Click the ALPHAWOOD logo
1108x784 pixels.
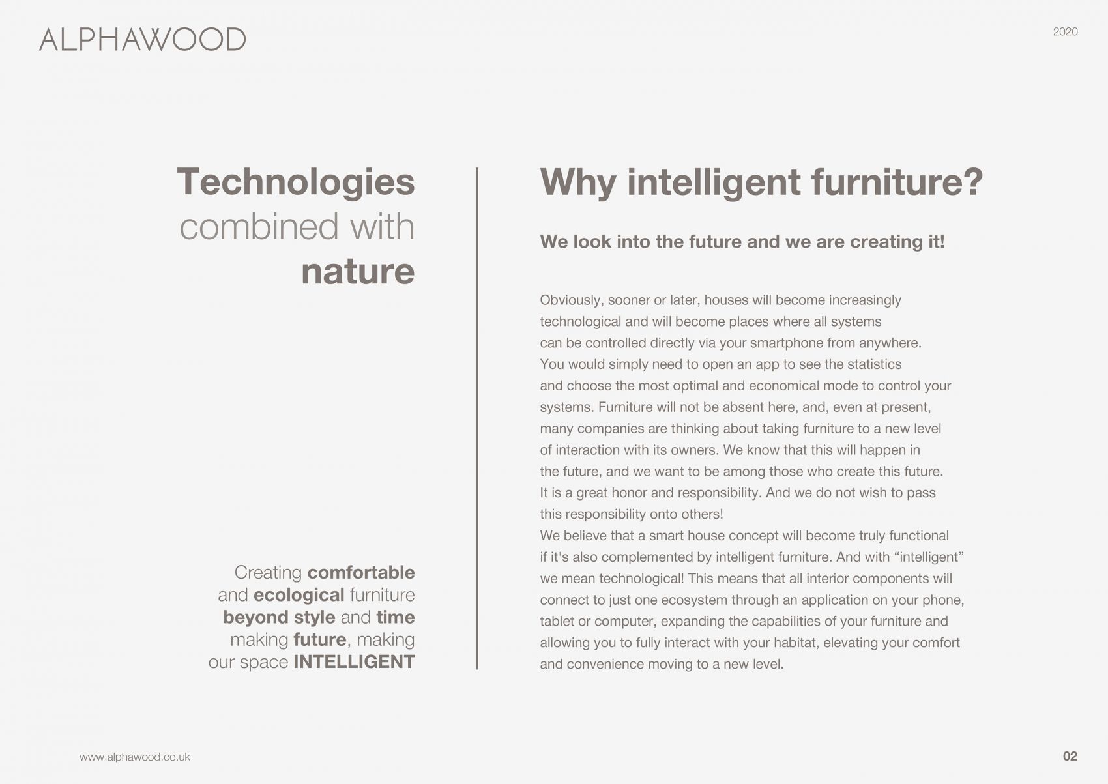pos(143,40)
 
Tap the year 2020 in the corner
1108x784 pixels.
pos(1066,32)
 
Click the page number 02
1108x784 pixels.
pos(1070,756)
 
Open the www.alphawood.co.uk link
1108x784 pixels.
pos(134,757)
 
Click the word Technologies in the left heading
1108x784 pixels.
pos(296,182)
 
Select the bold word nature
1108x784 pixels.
pos(358,272)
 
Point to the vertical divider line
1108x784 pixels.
pos(477,418)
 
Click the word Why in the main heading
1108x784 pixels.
pos(577,182)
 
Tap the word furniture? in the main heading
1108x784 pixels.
pos(897,182)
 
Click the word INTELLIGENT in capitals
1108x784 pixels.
pos(354,662)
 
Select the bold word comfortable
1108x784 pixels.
pos(361,572)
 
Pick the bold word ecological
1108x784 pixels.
pos(299,595)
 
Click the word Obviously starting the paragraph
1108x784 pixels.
pos(572,300)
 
